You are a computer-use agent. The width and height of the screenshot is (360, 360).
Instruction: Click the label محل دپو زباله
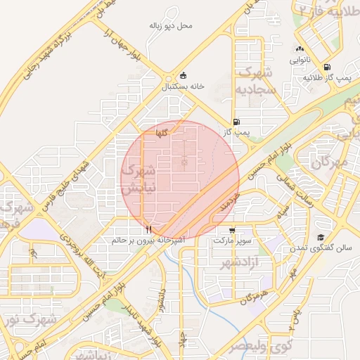tap(171, 25)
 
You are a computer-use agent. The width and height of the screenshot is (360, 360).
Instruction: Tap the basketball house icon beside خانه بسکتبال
tap(184, 76)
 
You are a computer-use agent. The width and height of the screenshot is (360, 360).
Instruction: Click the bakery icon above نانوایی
tap(300, 49)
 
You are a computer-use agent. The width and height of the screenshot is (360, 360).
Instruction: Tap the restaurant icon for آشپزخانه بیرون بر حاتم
tap(148, 229)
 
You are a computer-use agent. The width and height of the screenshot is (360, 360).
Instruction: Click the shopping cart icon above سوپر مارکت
tap(233, 230)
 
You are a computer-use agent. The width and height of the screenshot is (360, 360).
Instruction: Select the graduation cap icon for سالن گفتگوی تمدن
tap(321, 238)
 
